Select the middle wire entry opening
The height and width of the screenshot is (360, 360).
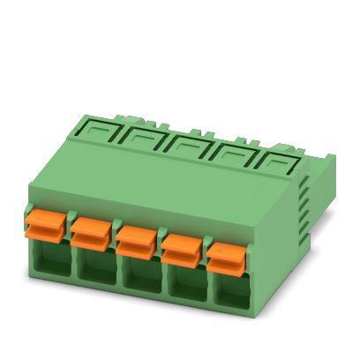click(x=138, y=282)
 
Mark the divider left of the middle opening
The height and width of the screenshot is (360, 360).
click(x=115, y=280)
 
